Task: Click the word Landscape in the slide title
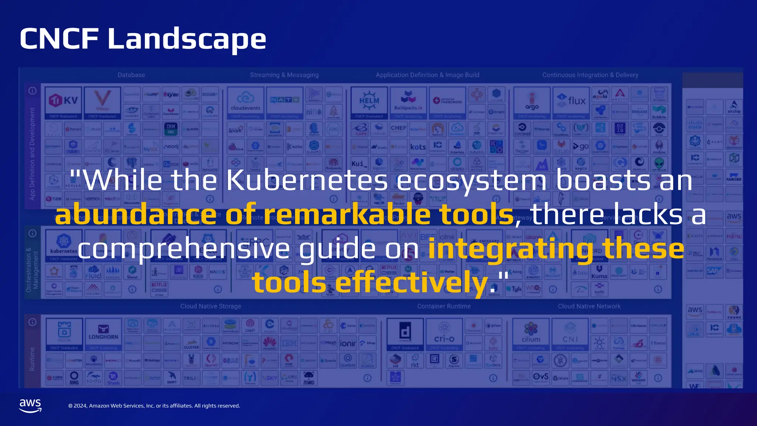click(x=187, y=39)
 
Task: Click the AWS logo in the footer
click(x=30, y=405)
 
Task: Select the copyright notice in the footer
click(x=154, y=406)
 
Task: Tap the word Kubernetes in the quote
click(x=307, y=180)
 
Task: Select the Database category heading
click(x=131, y=75)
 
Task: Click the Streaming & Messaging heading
click(x=284, y=75)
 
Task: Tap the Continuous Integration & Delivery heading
click(x=590, y=75)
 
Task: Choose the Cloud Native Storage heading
click(x=210, y=306)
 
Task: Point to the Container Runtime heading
click(x=444, y=306)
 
